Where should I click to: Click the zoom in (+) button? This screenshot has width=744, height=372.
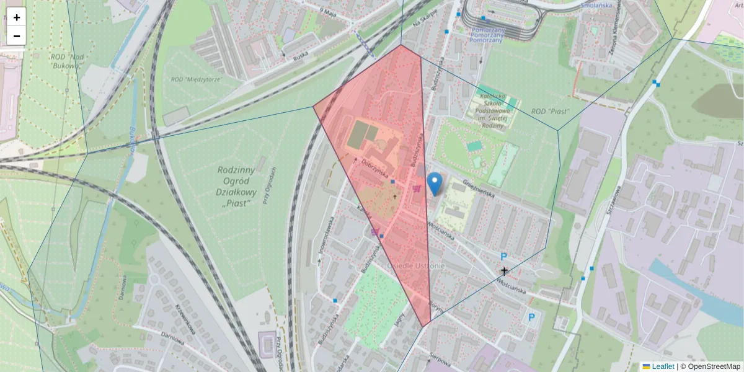point(17,17)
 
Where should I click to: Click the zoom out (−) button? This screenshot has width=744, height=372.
point(17,36)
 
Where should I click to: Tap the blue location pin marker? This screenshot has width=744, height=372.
point(435,184)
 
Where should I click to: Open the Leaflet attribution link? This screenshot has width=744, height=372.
point(663,366)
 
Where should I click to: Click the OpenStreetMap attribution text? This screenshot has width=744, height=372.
point(713,366)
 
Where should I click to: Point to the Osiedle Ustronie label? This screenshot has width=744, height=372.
point(415,266)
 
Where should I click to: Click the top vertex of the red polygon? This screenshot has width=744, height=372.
point(401,45)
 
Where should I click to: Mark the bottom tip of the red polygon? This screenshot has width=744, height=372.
point(423,327)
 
